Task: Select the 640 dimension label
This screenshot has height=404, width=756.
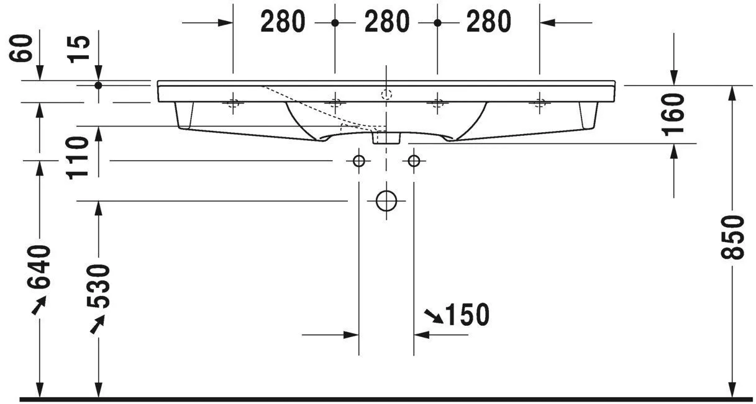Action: (39, 267)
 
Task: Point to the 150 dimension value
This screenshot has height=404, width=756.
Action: (467, 315)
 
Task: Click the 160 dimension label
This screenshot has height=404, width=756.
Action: (674, 114)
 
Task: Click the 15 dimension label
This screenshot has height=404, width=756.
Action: (80, 49)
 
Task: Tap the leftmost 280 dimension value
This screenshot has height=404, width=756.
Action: (283, 22)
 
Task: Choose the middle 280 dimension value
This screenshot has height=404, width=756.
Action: (386, 22)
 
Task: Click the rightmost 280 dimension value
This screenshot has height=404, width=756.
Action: (488, 22)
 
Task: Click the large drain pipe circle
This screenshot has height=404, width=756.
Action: (386, 200)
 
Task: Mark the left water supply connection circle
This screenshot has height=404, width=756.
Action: (358, 161)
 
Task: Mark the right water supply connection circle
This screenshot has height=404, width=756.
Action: (414, 161)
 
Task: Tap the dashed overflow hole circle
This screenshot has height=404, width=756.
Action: (386, 95)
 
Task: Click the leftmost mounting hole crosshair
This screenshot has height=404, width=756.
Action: (233, 103)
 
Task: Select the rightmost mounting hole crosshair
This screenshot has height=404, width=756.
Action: (539, 103)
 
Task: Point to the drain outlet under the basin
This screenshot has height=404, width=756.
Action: (386, 137)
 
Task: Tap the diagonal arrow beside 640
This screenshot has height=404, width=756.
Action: (39, 305)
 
